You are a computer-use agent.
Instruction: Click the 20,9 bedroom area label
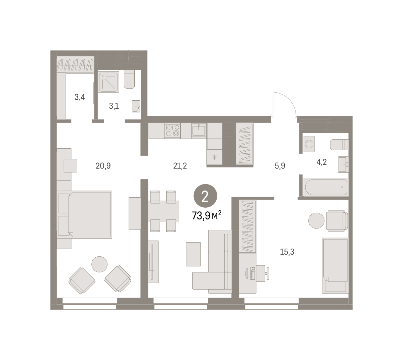103,166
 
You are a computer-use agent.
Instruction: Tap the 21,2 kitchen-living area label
180,166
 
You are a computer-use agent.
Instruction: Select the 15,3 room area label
287,252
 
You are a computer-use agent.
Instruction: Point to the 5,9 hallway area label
280,166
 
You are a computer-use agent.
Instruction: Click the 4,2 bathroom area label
321,162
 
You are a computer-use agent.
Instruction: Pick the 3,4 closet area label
80,97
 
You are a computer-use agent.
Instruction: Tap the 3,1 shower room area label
114,106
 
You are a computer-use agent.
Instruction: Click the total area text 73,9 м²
206,215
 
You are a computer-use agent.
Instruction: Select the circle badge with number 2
205,196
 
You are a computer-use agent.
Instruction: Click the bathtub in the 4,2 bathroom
326,187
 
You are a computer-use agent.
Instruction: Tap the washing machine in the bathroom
309,144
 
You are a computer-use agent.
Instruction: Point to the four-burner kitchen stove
173,131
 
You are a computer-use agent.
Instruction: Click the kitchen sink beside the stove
199,130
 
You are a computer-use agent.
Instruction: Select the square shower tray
108,82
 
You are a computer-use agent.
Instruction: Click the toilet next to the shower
129,79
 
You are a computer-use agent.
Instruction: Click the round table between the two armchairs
99,264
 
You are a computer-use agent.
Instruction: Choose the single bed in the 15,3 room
335,265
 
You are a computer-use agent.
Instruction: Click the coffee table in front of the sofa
193,254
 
